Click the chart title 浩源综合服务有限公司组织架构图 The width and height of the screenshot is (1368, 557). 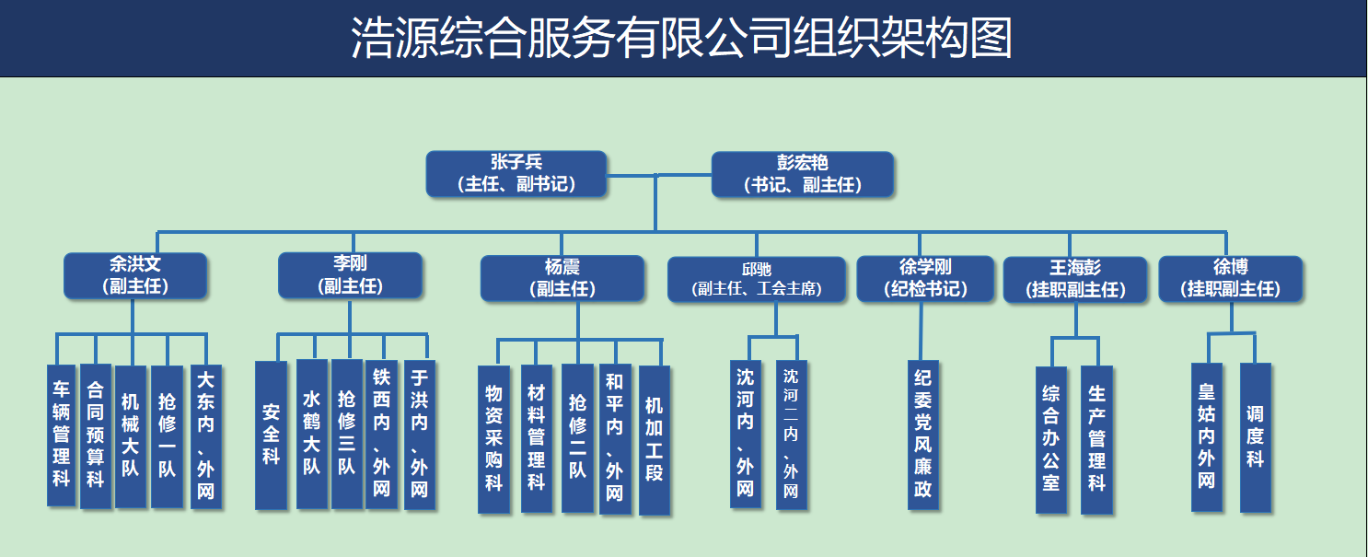[x=682, y=39]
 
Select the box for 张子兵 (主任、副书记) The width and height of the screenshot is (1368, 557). [x=516, y=173]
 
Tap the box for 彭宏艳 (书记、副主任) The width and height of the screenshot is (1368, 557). [x=803, y=173]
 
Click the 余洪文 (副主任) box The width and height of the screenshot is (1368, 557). [x=135, y=275]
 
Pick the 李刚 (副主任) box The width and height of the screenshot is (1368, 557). [x=350, y=274]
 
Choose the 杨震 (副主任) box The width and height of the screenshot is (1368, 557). [x=562, y=277]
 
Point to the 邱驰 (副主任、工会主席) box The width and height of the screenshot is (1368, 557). [x=757, y=279]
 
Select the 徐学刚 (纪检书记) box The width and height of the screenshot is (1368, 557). [x=924, y=278]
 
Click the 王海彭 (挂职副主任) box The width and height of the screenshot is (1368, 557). [x=1074, y=278]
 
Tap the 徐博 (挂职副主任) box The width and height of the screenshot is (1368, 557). [x=1230, y=277]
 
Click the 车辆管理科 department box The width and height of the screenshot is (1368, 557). [x=61, y=435]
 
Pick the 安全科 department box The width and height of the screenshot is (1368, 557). [x=271, y=435]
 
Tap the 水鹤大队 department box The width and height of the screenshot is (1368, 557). [x=311, y=434]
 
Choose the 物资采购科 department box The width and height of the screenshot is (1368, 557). [x=493, y=438]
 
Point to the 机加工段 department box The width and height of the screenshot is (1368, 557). [x=654, y=439]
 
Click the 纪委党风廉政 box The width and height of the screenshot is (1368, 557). [x=922, y=434]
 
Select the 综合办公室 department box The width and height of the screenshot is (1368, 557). [x=1051, y=438]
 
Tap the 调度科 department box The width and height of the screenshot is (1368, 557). [x=1255, y=436]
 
